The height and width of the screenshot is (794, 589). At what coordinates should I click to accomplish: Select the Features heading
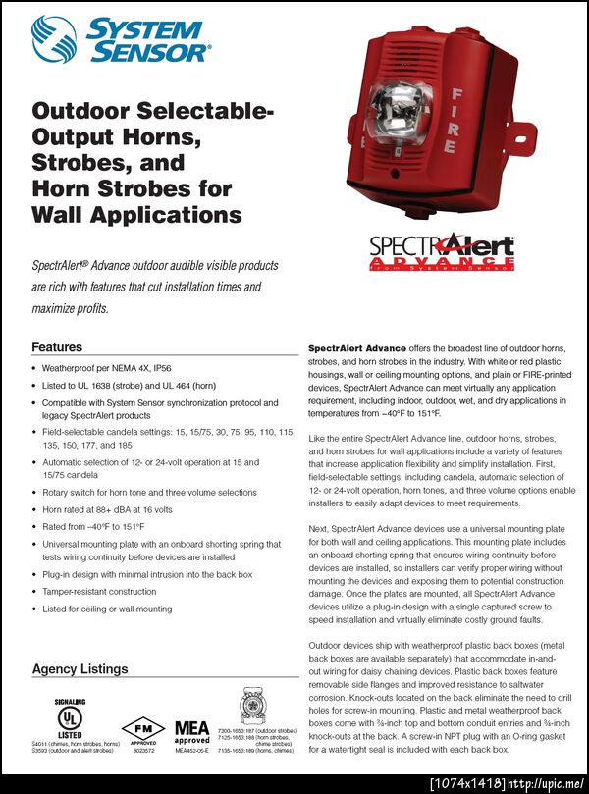57,346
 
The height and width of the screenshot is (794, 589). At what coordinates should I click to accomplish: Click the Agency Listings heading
80,669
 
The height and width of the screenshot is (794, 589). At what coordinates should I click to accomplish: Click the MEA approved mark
192,732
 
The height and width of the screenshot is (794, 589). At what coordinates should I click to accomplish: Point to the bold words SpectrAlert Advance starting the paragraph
353,348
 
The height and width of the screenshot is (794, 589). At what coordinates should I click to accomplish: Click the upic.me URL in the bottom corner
546,783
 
